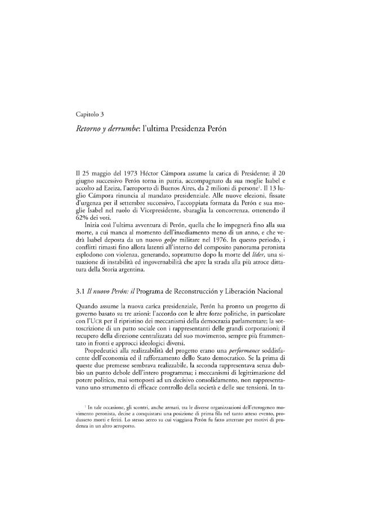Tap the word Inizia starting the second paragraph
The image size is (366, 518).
(x=90, y=225)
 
